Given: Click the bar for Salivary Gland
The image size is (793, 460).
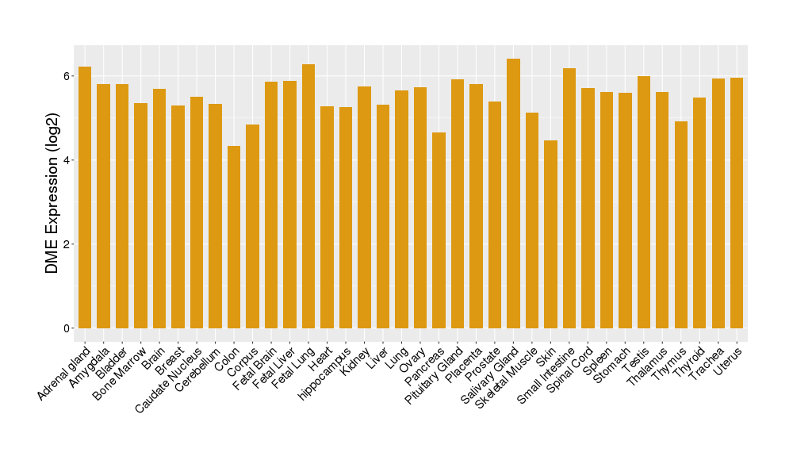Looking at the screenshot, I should click(513, 194).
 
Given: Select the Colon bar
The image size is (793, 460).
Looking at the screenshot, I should click(234, 237).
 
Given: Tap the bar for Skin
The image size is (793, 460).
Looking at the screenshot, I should click(550, 234).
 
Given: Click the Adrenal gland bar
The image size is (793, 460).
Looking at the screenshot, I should click(85, 197).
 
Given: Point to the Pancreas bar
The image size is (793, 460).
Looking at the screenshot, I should click(439, 230).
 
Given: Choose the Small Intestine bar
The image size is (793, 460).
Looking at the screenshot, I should click(569, 198).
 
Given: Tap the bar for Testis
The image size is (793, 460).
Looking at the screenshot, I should click(644, 202).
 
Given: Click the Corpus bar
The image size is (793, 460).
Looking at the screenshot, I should click(252, 226).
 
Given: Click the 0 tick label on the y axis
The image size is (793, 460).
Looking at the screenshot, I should click(68, 328).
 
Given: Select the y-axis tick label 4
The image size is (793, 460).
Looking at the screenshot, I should click(68, 160).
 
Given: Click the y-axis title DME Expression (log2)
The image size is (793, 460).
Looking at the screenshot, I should click(52, 193).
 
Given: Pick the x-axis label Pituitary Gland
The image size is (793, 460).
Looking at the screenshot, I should click(435, 378).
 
